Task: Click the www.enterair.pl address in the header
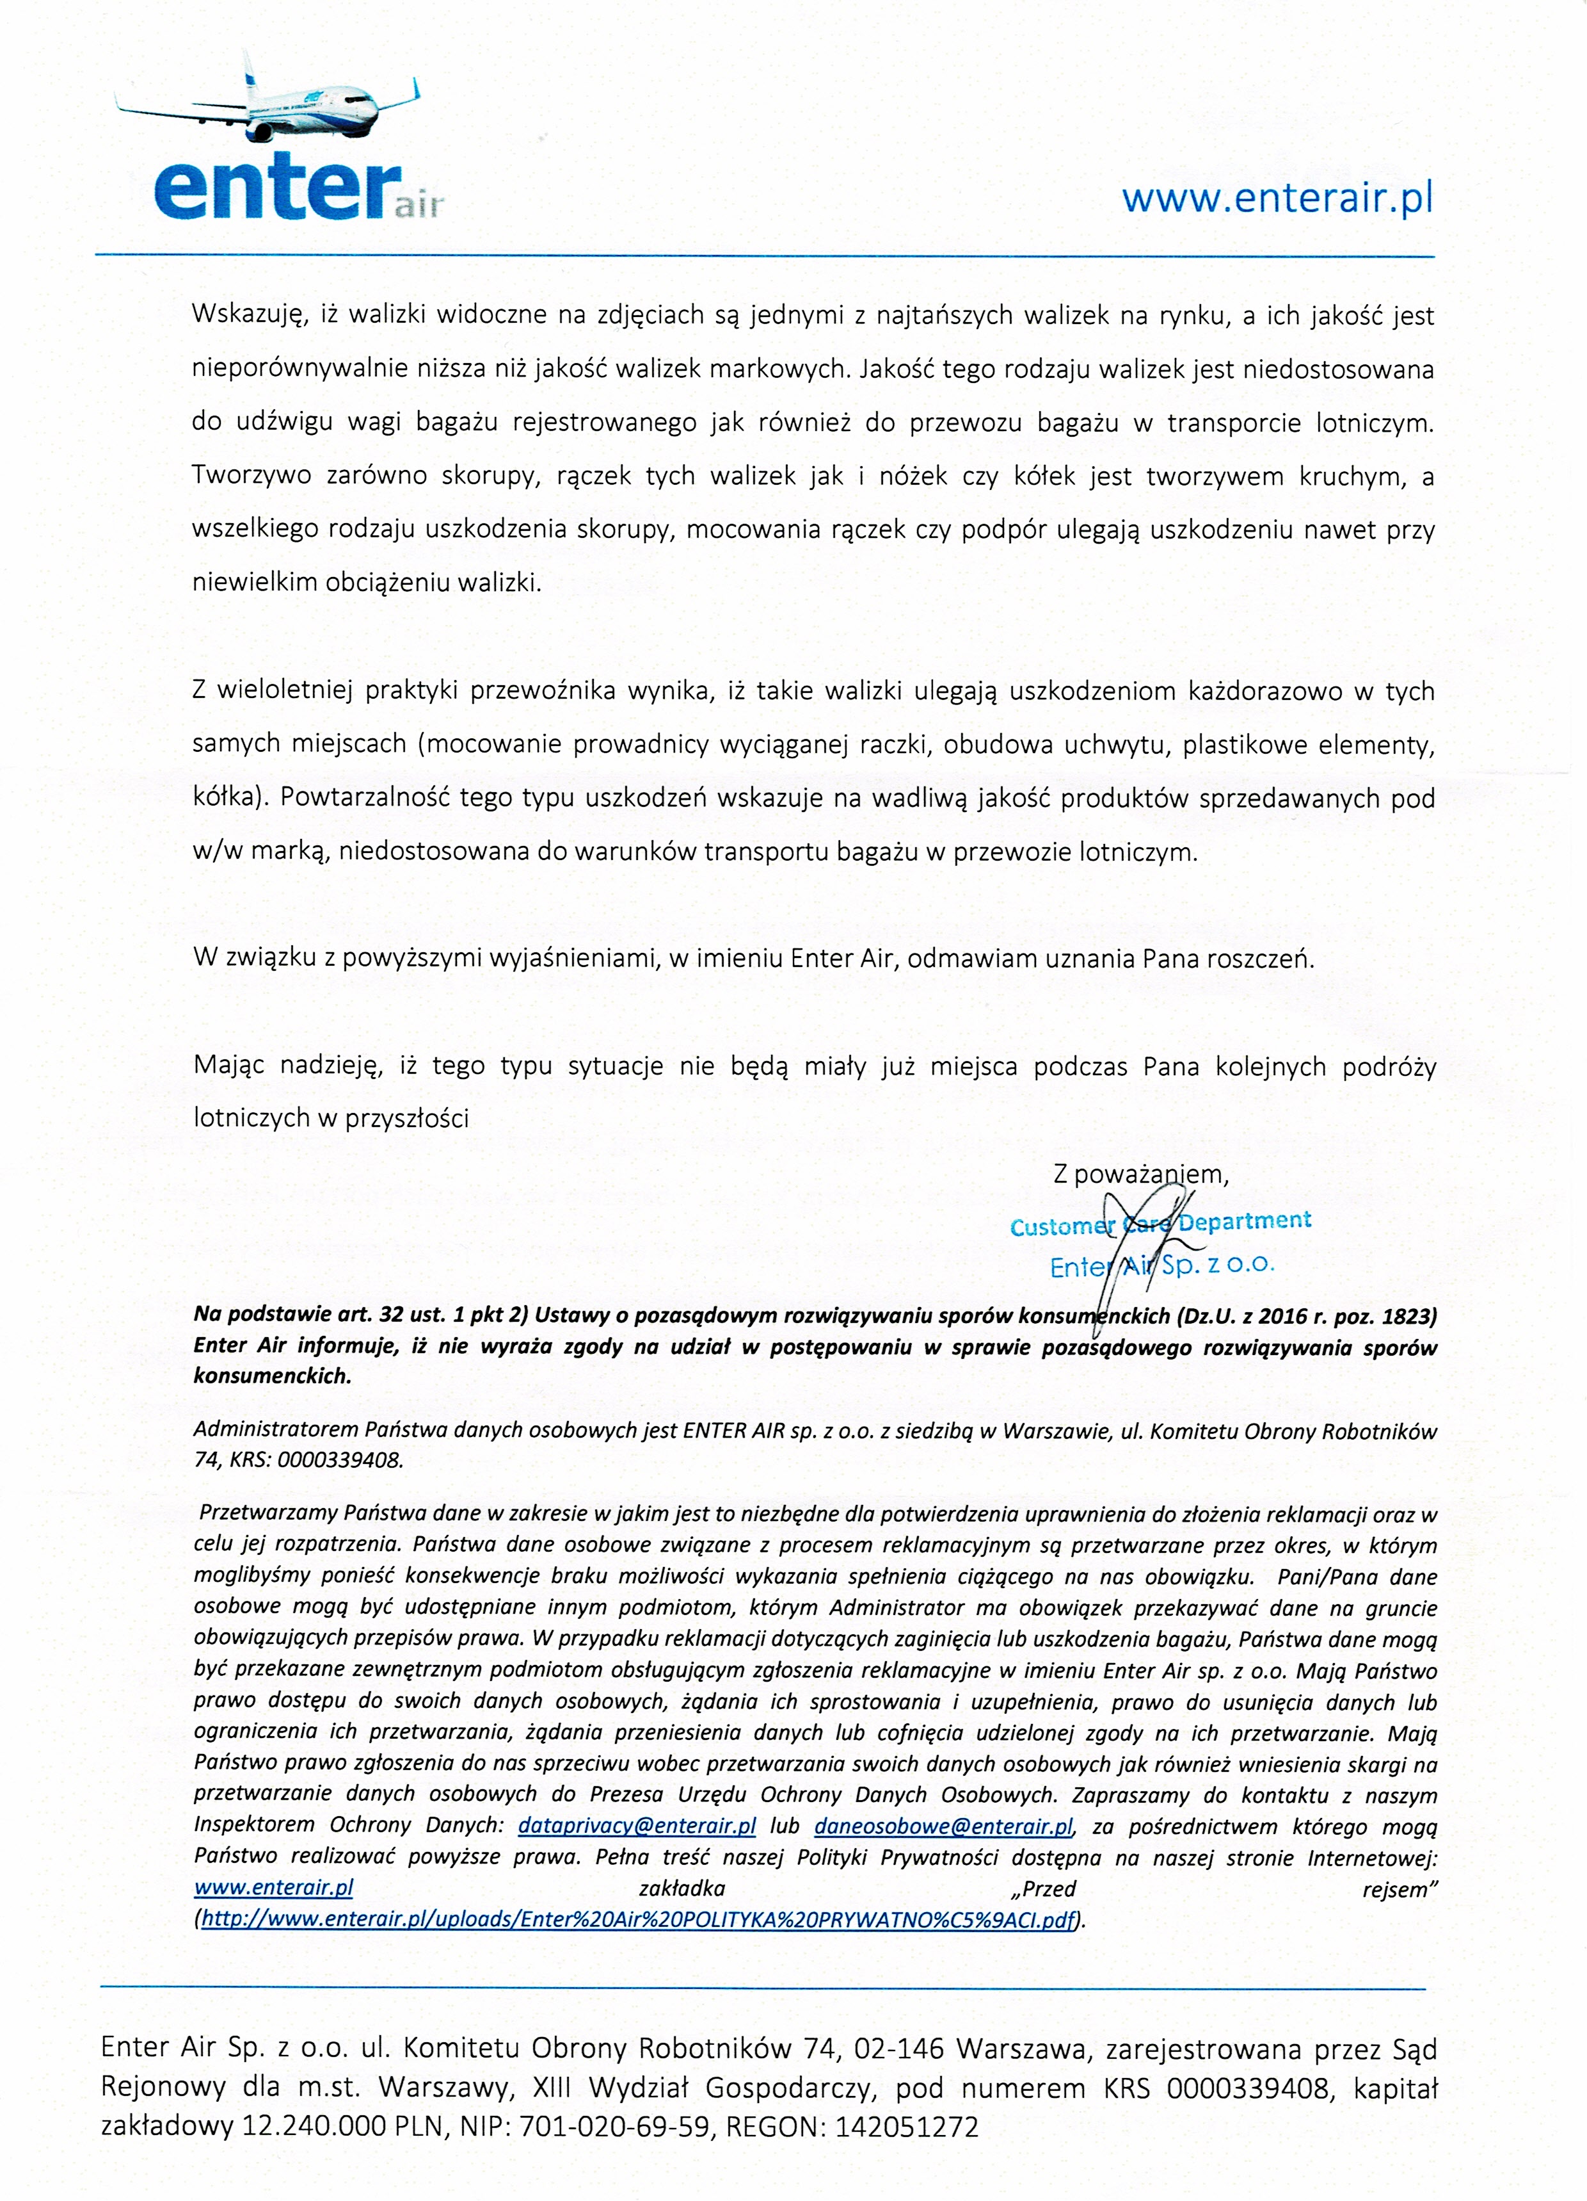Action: [1277, 198]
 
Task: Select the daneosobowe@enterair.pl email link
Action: [943, 1826]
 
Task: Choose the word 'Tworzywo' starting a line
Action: [250, 476]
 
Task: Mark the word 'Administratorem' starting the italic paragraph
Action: [276, 1429]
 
